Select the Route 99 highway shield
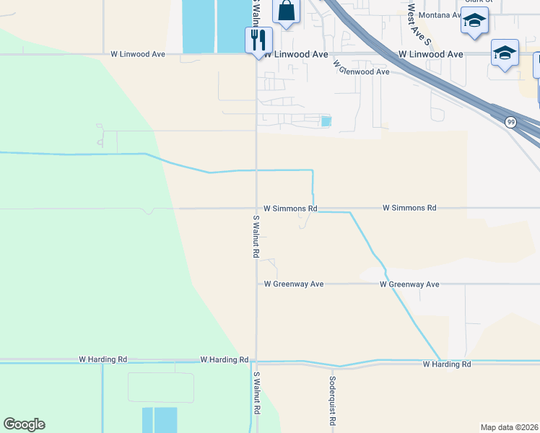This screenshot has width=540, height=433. pyautogui.click(x=510, y=122)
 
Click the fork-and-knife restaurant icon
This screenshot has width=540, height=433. pyautogui.click(x=258, y=40)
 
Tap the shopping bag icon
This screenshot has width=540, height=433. pyautogui.click(x=286, y=12)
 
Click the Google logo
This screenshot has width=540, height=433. pyautogui.click(x=24, y=424)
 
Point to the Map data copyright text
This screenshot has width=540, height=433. pyautogui.click(x=510, y=427)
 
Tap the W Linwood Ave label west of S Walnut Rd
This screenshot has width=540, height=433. pyautogui.click(x=138, y=54)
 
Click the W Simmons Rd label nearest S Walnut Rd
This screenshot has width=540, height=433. pyautogui.click(x=290, y=208)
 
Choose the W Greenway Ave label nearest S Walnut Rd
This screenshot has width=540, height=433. pyautogui.click(x=293, y=284)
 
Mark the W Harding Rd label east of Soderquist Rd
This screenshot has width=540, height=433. pyautogui.click(x=447, y=364)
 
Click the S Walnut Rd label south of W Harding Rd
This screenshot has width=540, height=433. pyautogui.click(x=256, y=393)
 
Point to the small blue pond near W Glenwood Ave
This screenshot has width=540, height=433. pyautogui.click(x=326, y=121)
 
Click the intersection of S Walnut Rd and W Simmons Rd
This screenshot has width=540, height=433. pyautogui.click(x=256, y=209)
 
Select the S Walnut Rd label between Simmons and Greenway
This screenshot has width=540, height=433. pyautogui.click(x=256, y=237)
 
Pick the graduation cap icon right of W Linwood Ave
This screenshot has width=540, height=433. pyautogui.click(x=505, y=54)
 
